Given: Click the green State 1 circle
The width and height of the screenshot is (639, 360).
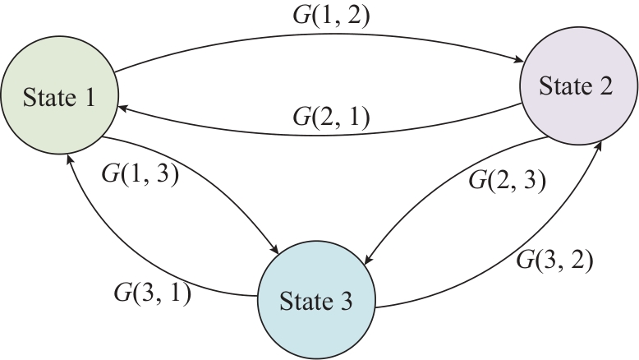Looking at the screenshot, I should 58,98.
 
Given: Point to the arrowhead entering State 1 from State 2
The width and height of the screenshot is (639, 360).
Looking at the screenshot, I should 122,108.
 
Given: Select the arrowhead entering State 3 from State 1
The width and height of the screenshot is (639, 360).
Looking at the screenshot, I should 285,250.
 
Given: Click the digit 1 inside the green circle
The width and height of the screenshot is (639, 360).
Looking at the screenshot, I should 88,99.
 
